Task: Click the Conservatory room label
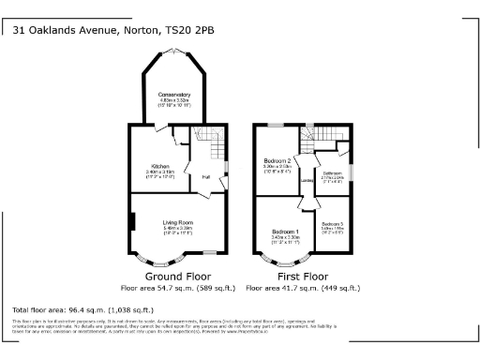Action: pyautogui.click(x=174, y=93)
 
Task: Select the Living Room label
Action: pyautogui.click(x=177, y=222)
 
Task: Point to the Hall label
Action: pyautogui.click(x=204, y=175)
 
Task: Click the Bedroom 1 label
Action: pyautogui.click(x=285, y=232)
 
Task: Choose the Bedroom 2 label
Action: pyautogui.click(x=277, y=161)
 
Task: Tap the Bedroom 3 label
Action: pyautogui.click(x=333, y=224)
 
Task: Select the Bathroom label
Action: pyautogui.click(x=333, y=173)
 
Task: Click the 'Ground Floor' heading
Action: pyautogui.click(x=177, y=277)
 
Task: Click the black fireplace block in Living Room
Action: pyautogui.click(x=133, y=222)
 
